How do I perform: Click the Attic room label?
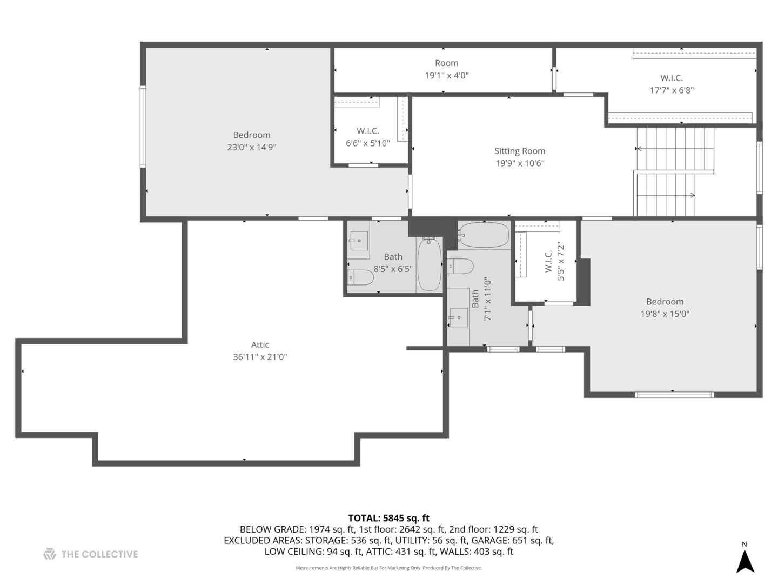coord(260,344)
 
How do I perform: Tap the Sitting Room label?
coord(520,151)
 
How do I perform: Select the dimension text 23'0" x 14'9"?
coord(252,147)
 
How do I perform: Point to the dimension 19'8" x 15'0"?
coord(665,314)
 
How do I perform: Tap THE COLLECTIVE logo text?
coord(99,554)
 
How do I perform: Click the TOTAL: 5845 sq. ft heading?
coord(388,518)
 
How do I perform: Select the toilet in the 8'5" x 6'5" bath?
coord(360,277)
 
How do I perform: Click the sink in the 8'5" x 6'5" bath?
coord(359,240)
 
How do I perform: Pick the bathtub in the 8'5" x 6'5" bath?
coord(430,264)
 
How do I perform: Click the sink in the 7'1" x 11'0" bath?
coord(458,317)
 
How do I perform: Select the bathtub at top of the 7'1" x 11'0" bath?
coord(484,235)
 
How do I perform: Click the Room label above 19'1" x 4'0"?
coord(446,63)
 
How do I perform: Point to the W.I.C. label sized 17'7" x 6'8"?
coord(671,78)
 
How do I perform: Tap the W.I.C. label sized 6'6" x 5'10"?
coord(368,131)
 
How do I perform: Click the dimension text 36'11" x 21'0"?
coord(260,357)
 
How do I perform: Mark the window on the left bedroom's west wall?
coord(143,127)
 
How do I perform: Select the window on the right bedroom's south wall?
coord(674,395)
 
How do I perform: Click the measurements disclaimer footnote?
coord(388,568)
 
